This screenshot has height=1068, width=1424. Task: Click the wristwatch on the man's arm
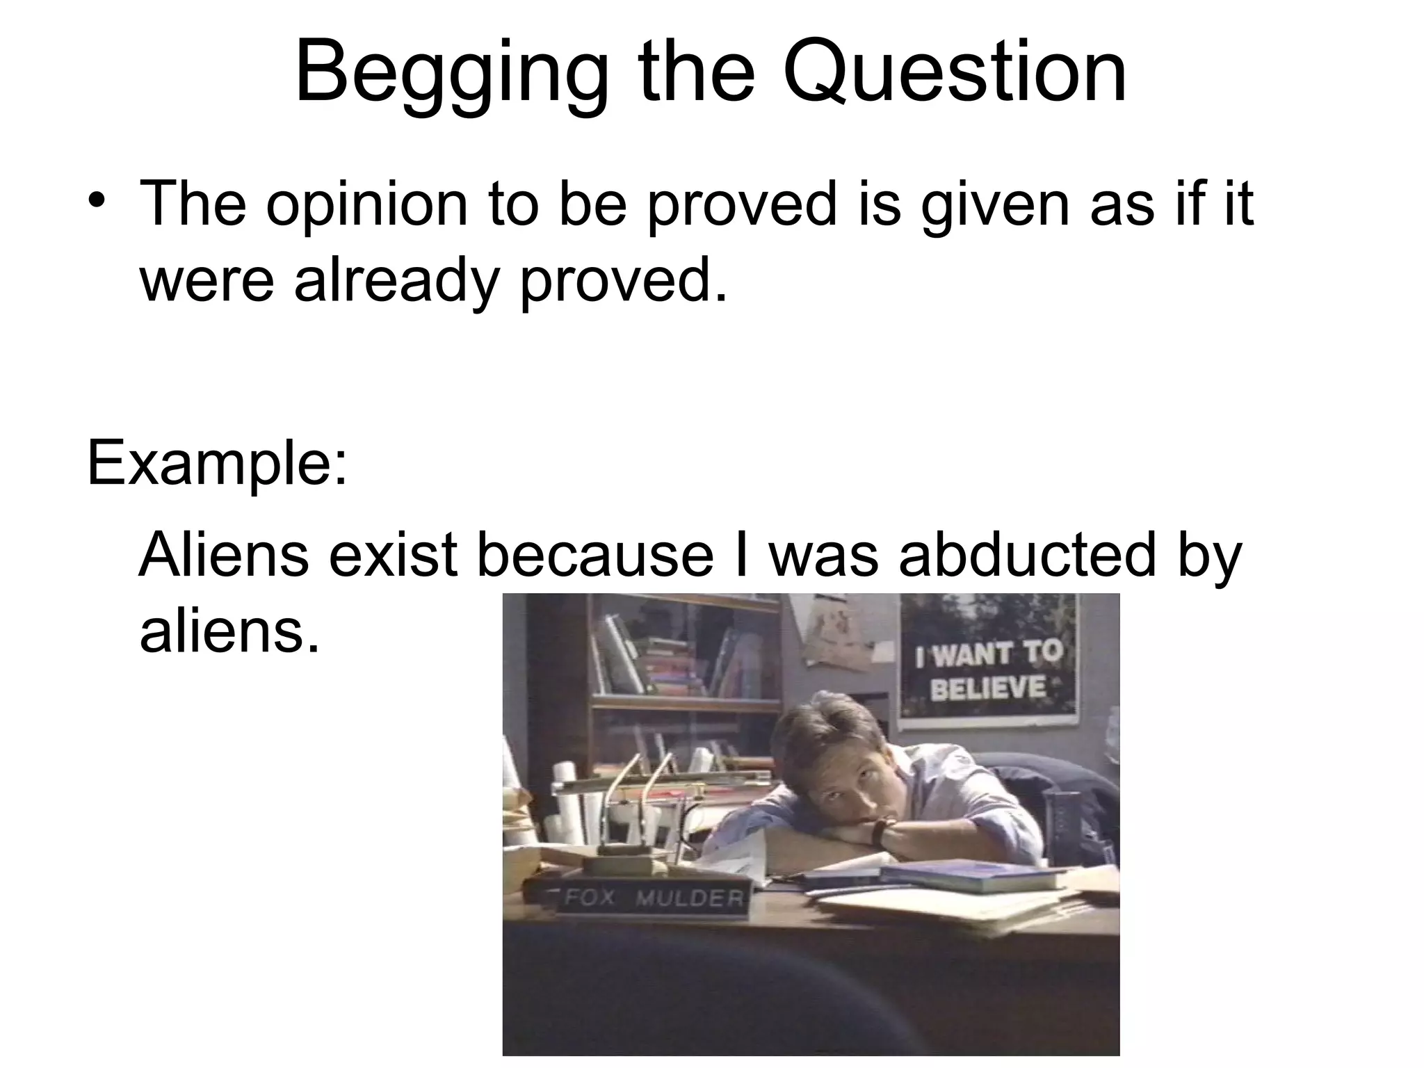click(880, 831)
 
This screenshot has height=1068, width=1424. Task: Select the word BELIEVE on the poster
click(987, 688)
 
